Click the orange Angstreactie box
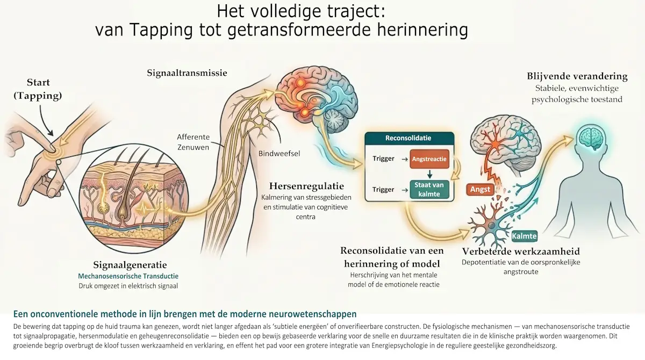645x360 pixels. click(x=429, y=159)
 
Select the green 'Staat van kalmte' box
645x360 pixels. click(x=429, y=189)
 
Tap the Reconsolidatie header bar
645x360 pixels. click(x=409, y=138)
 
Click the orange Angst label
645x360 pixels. click(x=480, y=189)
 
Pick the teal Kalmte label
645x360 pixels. click(x=525, y=236)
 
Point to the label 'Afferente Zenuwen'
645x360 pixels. click(x=193, y=142)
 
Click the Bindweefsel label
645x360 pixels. click(x=279, y=154)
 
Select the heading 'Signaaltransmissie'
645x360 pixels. click(x=187, y=73)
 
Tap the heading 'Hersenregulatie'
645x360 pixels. click(x=306, y=186)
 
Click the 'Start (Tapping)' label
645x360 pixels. click(x=38, y=89)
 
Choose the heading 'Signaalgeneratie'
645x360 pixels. click(x=130, y=265)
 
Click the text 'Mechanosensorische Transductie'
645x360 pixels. click(x=128, y=276)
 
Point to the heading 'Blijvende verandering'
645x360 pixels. click(x=577, y=76)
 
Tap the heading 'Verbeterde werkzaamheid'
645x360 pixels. click(x=521, y=251)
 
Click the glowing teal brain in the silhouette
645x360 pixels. click(x=590, y=138)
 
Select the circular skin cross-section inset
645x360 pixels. click(x=134, y=200)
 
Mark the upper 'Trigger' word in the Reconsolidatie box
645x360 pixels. click(x=383, y=159)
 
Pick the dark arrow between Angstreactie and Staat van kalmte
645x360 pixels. click(x=429, y=174)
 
